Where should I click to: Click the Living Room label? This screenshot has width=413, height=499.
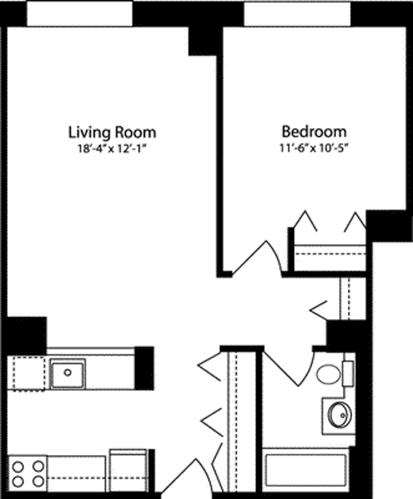click(112, 132)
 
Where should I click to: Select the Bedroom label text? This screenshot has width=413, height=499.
click(314, 132)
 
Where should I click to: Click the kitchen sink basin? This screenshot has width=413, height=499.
click(67, 373)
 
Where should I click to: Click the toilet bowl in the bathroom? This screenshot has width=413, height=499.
click(328, 374)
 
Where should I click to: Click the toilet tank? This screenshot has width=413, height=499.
click(348, 374)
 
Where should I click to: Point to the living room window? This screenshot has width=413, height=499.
click(80, 14)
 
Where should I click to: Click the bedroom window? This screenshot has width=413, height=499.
click(297, 14)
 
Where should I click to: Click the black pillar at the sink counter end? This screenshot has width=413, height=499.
click(144, 368)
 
